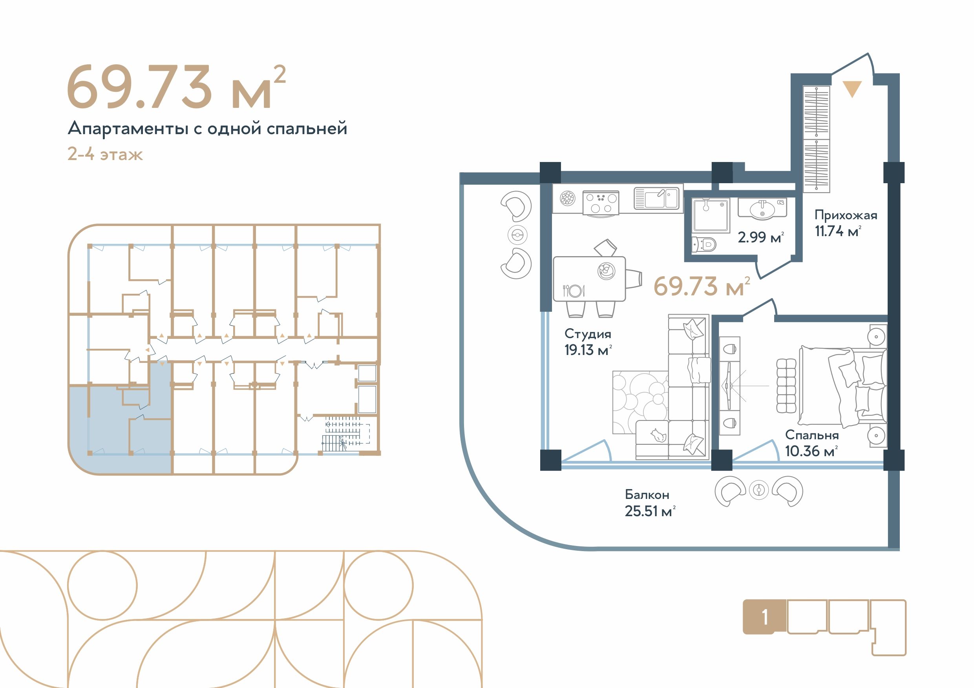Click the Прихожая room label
846,216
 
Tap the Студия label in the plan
588,334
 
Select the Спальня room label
811,435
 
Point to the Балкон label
647,494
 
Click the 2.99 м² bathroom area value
760,237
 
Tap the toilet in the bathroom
704,245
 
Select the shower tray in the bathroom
711,215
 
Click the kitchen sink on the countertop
656,198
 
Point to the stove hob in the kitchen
601,203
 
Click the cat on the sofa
658,435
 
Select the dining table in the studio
589,279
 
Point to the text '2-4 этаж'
105,154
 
